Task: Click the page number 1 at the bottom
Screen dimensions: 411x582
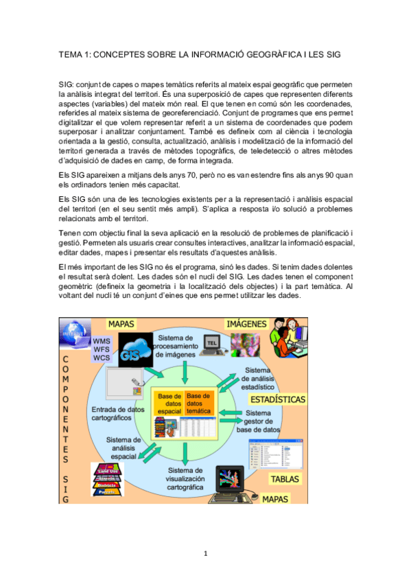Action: point(204,554)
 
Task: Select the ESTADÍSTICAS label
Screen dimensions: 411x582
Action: point(277,399)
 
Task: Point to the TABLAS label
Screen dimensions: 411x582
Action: point(285,478)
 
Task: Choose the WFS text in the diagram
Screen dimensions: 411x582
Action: point(101,349)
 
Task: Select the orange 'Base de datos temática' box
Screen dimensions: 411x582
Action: point(199,403)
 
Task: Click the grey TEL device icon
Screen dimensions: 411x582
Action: point(213,342)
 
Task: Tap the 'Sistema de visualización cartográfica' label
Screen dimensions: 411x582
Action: point(185,478)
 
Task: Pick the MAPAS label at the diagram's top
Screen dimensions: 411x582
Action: point(121,323)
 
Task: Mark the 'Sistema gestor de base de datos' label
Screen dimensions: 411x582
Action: point(258,421)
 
